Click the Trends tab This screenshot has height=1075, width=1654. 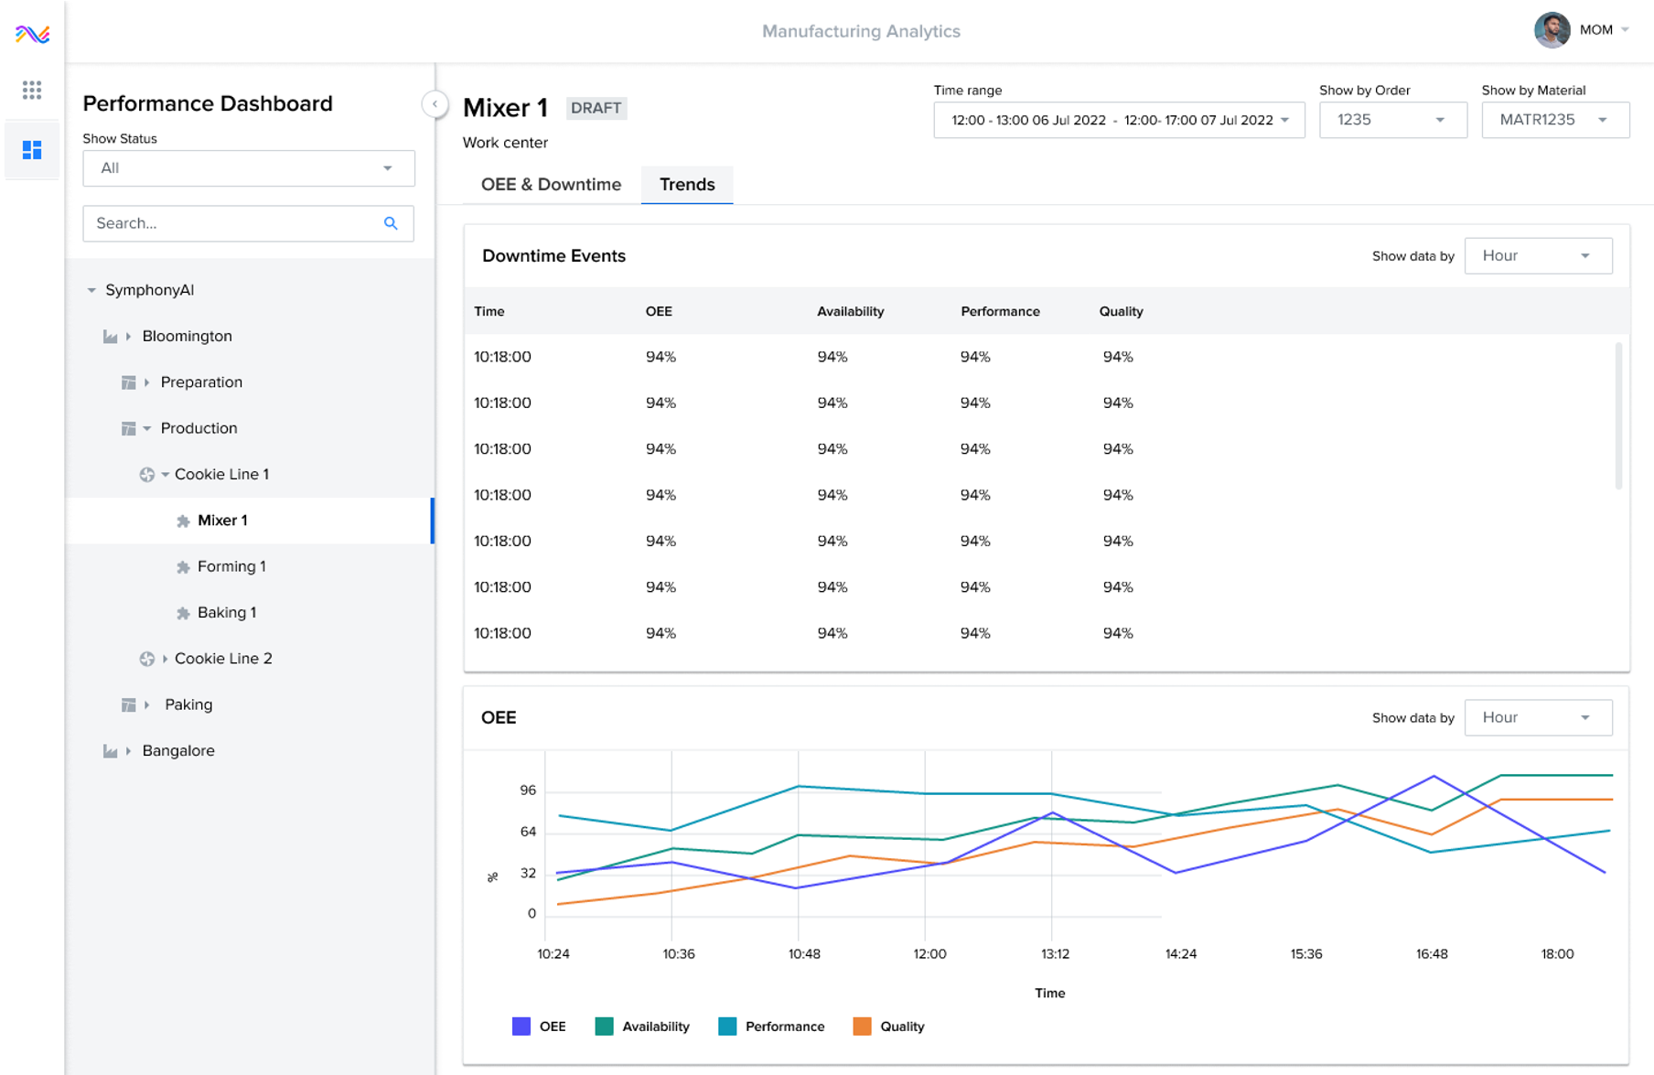point(687,185)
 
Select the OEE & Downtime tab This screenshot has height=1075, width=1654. point(551,185)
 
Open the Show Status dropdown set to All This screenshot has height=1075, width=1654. point(248,168)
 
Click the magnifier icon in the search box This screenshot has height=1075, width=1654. point(391,223)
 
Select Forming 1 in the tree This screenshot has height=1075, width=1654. point(231,566)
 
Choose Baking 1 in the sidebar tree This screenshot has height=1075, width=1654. point(226,612)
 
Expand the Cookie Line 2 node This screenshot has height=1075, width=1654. point(166,659)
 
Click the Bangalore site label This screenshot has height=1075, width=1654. point(178,750)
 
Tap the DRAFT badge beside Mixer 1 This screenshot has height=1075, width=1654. point(596,108)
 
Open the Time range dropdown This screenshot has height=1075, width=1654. point(1118,120)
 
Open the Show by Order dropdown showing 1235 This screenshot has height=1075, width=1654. point(1392,120)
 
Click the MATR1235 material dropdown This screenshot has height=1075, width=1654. point(1554,120)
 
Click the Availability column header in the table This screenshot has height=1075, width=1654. point(850,311)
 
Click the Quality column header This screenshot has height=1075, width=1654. point(1121,311)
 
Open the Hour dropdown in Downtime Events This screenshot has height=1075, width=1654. point(1538,256)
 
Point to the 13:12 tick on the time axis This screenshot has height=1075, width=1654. point(1055,953)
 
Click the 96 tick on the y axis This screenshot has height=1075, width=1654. point(528,790)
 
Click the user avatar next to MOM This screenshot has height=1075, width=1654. point(1552,30)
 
